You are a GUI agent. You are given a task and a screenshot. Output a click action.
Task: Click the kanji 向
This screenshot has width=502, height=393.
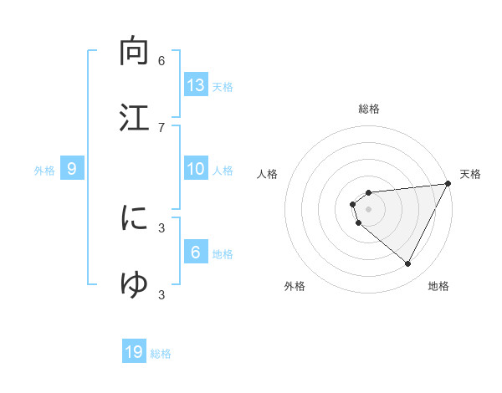(134, 52)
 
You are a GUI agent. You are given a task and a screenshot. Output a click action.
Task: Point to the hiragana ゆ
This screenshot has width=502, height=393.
(134, 283)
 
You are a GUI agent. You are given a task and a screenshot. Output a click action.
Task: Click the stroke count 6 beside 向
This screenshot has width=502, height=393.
(161, 61)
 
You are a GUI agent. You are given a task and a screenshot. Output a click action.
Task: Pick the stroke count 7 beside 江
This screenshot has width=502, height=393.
(161, 126)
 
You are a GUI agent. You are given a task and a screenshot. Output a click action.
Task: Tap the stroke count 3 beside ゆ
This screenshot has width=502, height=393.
(161, 293)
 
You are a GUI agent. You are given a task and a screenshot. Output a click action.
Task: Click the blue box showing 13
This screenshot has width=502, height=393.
(196, 84)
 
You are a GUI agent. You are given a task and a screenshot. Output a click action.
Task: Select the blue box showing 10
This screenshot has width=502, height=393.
(196, 169)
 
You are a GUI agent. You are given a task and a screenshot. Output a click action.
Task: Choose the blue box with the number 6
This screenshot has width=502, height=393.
(196, 253)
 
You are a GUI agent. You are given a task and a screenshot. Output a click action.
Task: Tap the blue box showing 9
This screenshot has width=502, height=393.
(72, 169)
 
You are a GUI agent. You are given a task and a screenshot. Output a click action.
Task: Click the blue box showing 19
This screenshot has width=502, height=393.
(134, 352)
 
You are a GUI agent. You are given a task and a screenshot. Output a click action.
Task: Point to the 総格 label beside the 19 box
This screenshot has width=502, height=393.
(161, 354)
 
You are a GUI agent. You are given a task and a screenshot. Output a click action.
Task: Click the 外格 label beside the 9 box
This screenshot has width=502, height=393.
(44, 171)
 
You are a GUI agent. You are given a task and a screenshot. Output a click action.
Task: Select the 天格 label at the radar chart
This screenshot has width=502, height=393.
(470, 174)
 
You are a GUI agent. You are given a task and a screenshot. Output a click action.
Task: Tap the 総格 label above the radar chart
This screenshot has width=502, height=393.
(369, 109)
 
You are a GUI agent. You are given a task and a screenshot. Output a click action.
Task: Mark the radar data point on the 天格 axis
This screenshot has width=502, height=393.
(449, 184)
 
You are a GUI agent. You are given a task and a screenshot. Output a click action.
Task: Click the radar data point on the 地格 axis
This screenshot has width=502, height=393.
(407, 264)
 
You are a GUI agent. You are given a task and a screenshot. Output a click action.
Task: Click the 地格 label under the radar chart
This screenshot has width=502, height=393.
(438, 286)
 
